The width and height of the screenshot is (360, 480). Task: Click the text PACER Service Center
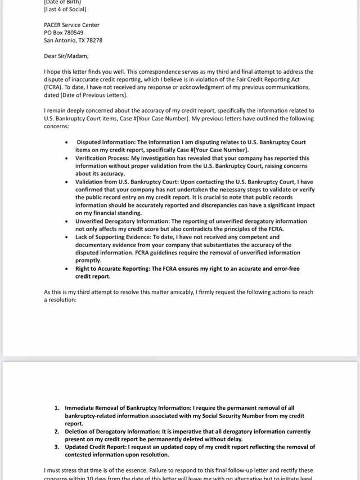71,25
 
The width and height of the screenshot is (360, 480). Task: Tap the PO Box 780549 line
64,33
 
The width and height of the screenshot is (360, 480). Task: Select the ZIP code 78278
94,41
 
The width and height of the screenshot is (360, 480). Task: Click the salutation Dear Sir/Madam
66,56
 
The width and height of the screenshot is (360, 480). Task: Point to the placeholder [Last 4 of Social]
65,10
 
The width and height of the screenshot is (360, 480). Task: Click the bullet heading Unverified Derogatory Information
123,221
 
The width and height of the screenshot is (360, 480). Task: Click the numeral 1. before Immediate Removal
57,408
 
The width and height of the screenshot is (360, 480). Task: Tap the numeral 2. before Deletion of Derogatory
57,432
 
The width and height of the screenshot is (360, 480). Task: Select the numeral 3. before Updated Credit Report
57,447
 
